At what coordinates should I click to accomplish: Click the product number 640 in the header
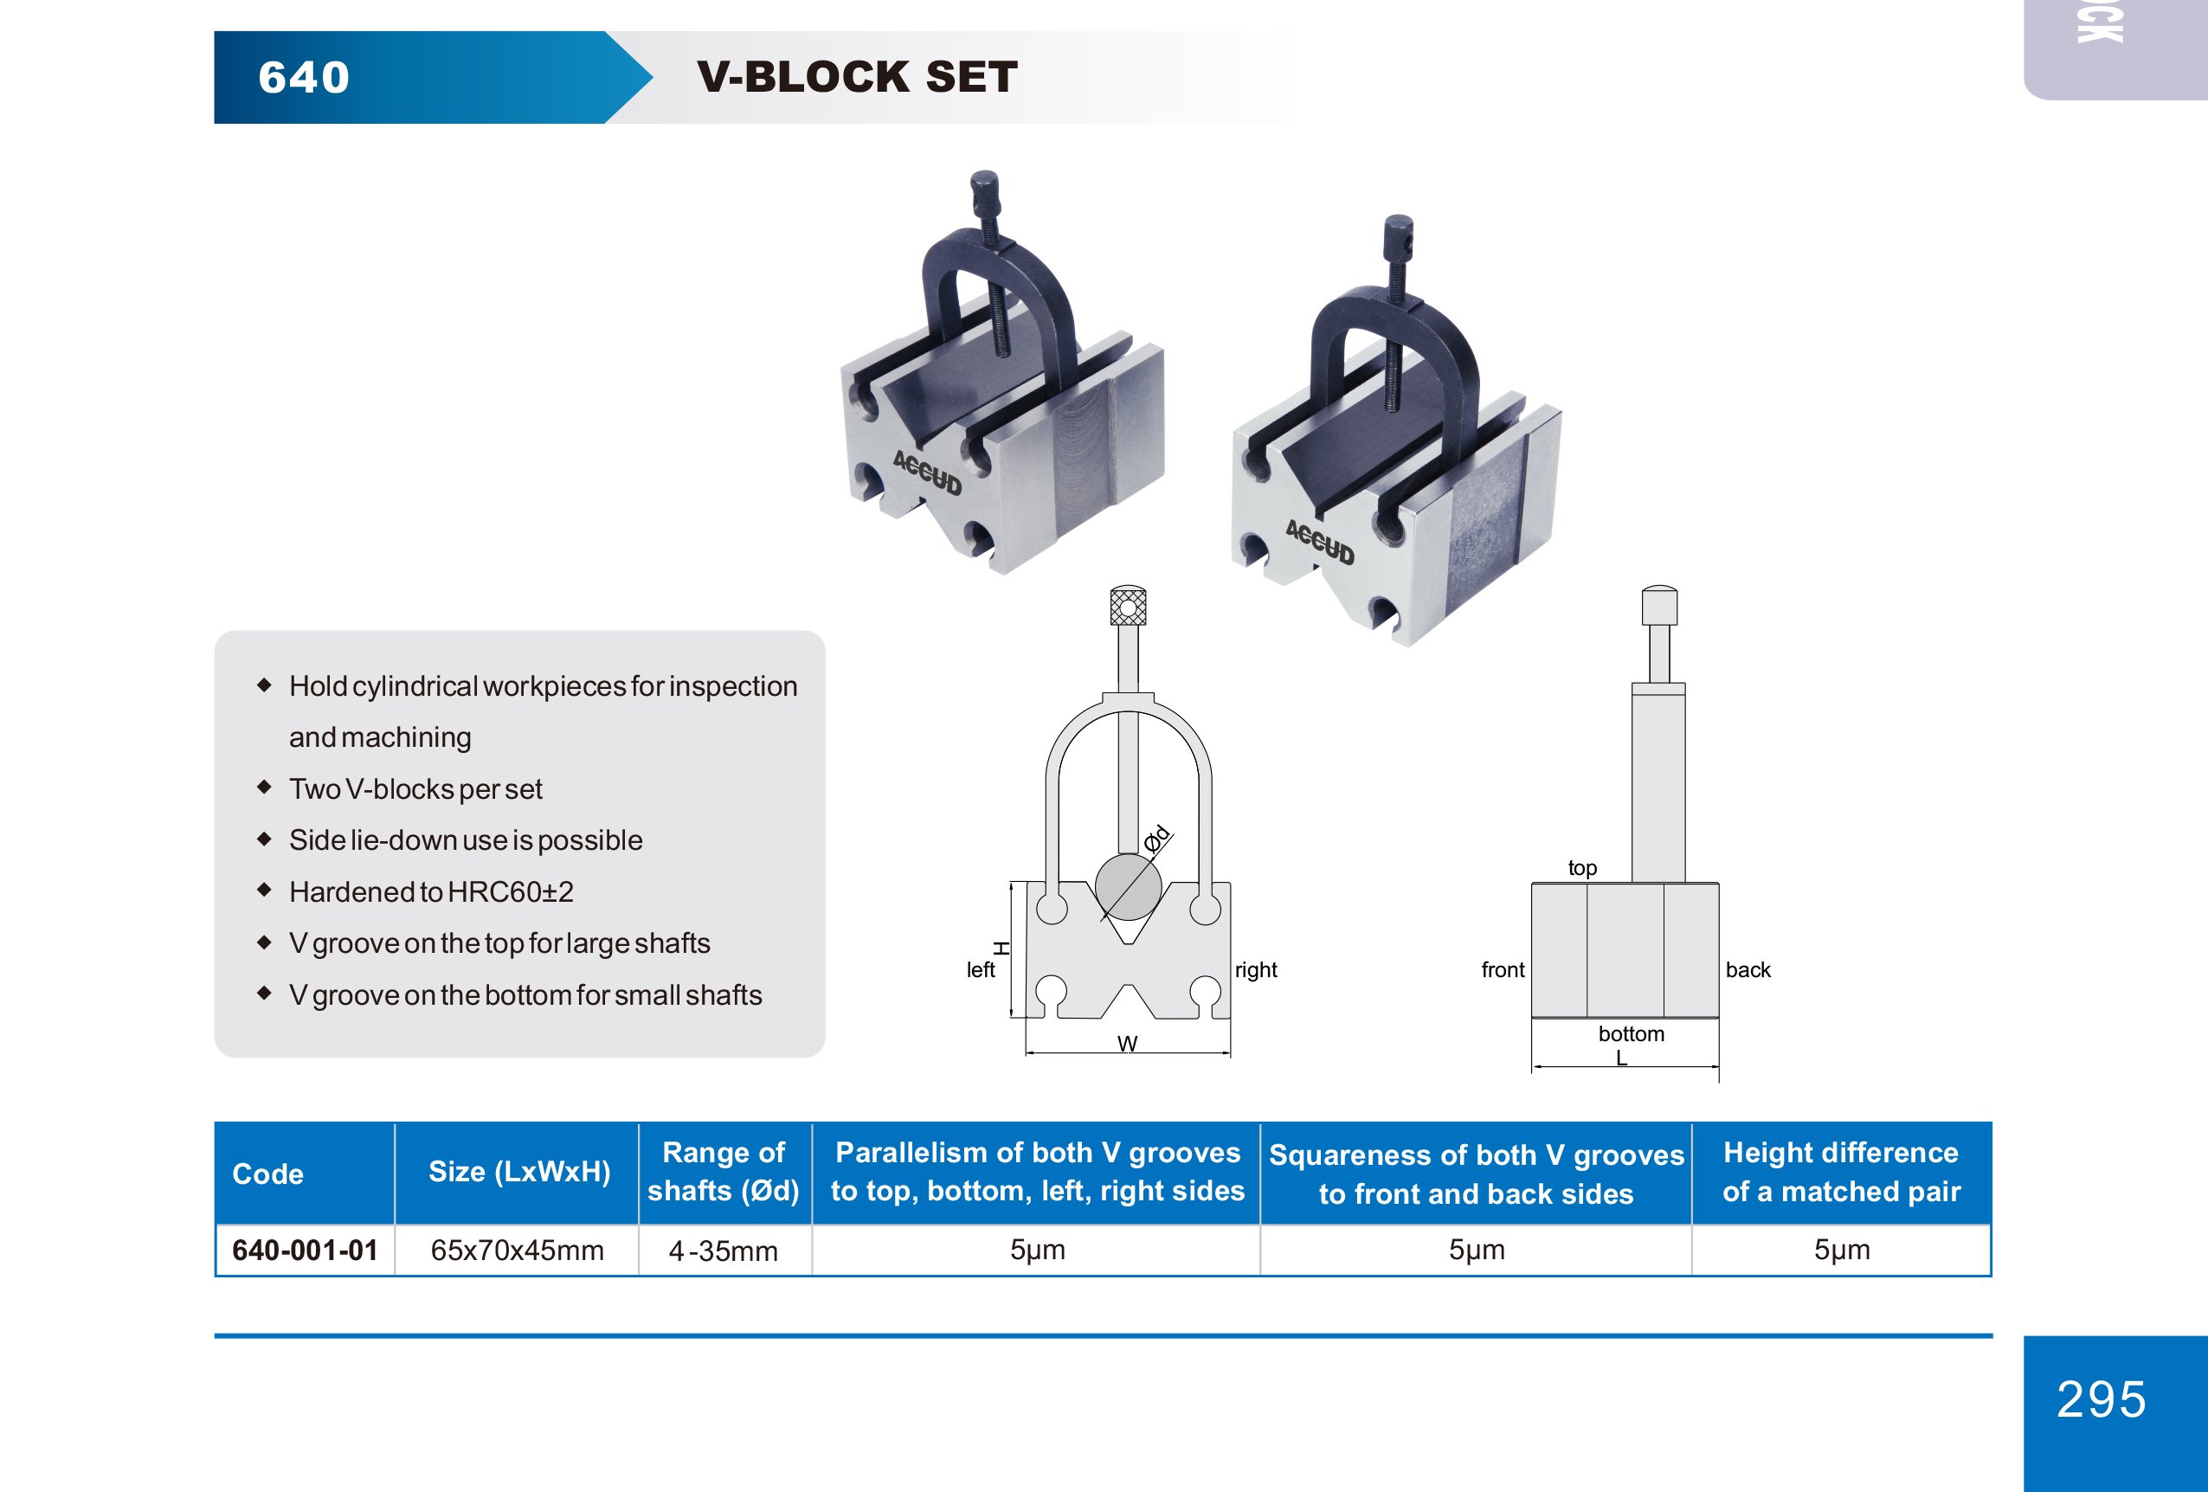click(x=304, y=77)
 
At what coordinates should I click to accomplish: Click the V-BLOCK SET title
click(x=857, y=77)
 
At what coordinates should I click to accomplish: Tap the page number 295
click(x=2102, y=1399)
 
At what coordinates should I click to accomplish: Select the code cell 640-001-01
click(x=305, y=1250)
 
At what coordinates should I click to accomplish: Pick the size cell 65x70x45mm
click(x=517, y=1250)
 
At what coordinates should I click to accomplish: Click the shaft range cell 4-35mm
click(x=723, y=1251)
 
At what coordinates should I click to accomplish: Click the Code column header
click(x=268, y=1174)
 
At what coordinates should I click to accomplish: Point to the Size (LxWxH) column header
click(x=518, y=1172)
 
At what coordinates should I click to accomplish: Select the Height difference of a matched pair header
click(x=1841, y=1172)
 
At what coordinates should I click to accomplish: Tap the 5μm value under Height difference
click(x=1841, y=1250)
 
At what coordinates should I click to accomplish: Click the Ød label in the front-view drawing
click(x=1157, y=839)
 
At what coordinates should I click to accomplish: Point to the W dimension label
click(x=1128, y=1044)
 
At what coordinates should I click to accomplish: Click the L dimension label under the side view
click(x=1622, y=1057)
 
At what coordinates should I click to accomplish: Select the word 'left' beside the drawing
click(x=981, y=969)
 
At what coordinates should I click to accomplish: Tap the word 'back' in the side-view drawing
click(x=1748, y=969)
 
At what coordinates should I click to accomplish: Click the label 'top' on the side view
click(x=1582, y=868)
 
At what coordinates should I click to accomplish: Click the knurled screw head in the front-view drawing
click(x=1128, y=605)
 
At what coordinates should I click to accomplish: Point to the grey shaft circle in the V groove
click(x=1128, y=886)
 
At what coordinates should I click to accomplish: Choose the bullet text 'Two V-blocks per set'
click(x=415, y=789)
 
